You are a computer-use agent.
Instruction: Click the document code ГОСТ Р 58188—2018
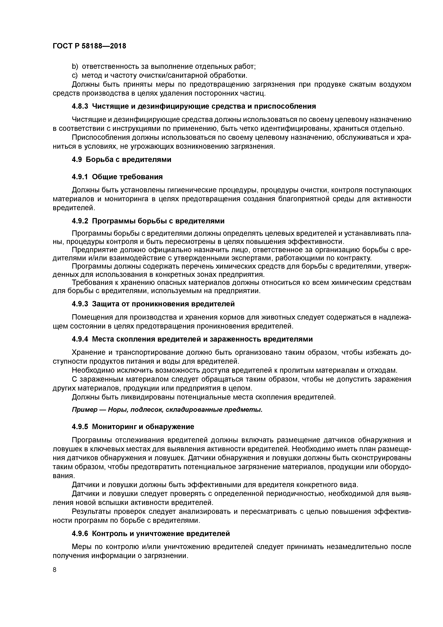click(89, 46)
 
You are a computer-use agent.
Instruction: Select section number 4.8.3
click(80, 106)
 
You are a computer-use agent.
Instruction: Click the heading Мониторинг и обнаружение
click(143, 427)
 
